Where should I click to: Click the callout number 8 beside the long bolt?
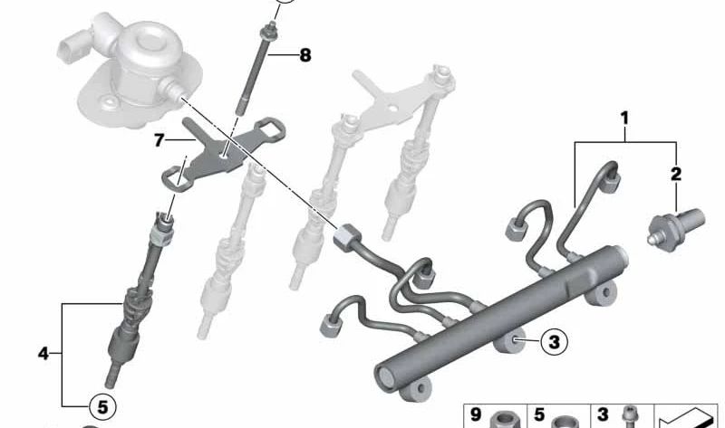[305, 55]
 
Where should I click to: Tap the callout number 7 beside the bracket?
[159, 140]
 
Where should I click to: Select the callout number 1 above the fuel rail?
[624, 119]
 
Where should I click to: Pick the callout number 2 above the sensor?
[675, 174]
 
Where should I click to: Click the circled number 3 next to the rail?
[554, 342]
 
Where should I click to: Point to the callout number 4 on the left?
[43, 354]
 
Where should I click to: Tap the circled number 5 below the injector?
[102, 407]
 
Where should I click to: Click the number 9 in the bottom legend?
[477, 414]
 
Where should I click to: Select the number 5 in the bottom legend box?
[539, 414]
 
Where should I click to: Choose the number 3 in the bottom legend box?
[603, 414]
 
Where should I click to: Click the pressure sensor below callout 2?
[675, 230]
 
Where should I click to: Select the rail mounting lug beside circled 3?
[510, 341]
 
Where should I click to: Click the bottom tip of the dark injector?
[111, 383]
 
